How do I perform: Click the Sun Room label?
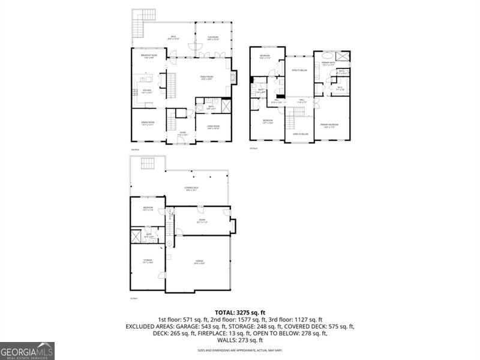click(213, 38)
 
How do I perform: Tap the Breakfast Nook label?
click(149, 56)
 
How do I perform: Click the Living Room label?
click(213, 127)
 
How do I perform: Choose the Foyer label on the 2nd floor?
click(182, 134)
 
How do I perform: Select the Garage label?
click(199, 261)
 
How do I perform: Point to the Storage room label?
click(147, 261)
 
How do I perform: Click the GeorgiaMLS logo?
click(27, 350)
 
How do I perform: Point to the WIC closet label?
click(339, 88)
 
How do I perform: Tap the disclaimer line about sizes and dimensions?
click(239, 350)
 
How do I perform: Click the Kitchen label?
click(146, 92)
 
